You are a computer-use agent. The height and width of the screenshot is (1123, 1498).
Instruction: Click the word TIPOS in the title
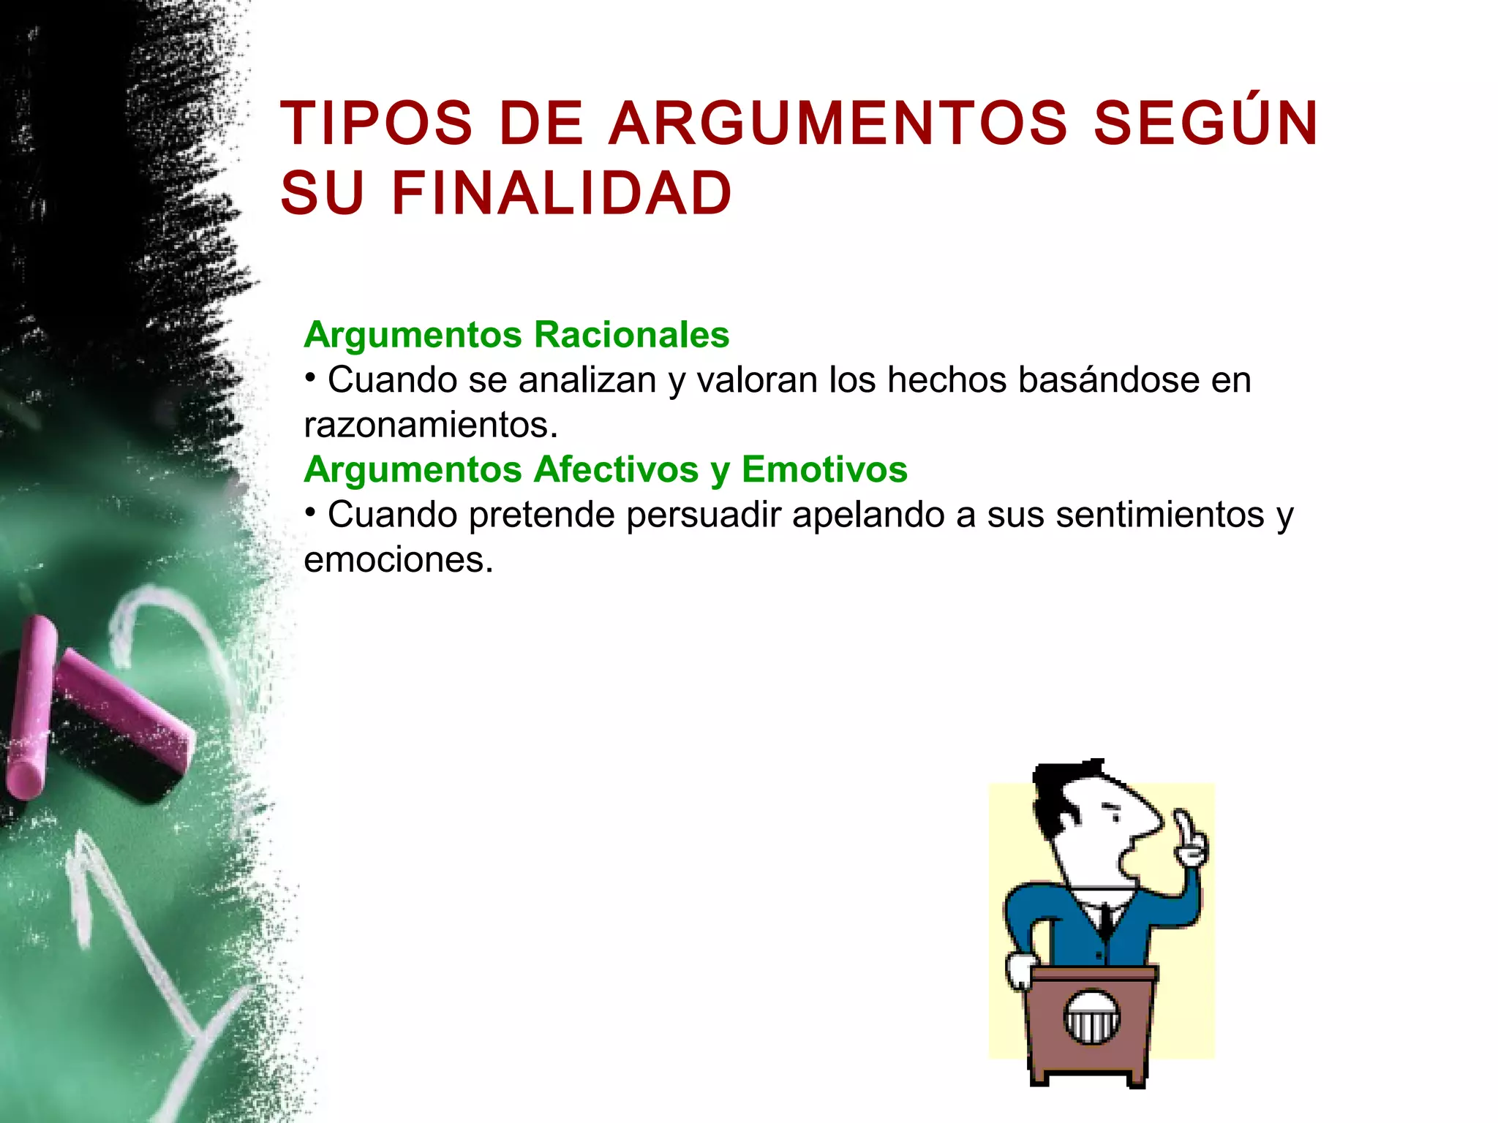(377, 124)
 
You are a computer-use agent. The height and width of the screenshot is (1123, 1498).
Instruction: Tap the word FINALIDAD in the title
(561, 194)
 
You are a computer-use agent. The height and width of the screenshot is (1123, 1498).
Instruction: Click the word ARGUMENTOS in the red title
(838, 124)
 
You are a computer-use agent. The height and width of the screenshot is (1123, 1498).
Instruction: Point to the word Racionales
(631, 335)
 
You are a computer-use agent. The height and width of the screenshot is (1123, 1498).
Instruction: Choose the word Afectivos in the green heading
(616, 469)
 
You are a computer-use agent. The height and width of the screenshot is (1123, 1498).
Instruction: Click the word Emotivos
(824, 469)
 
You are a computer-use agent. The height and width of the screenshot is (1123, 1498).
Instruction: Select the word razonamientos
(430, 426)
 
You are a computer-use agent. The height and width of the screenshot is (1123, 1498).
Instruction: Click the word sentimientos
(1160, 515)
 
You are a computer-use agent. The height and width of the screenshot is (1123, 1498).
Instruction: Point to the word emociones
(398, 560)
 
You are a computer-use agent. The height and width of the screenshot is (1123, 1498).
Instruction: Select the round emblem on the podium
(1091, 1016)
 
